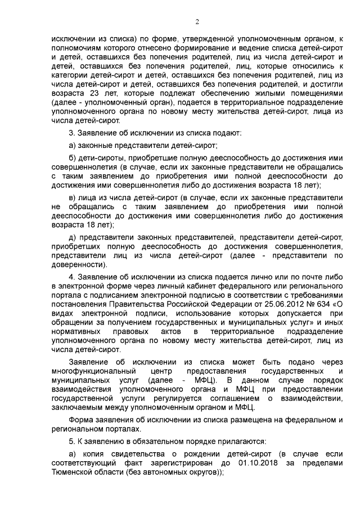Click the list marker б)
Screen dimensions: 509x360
(71, 156)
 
